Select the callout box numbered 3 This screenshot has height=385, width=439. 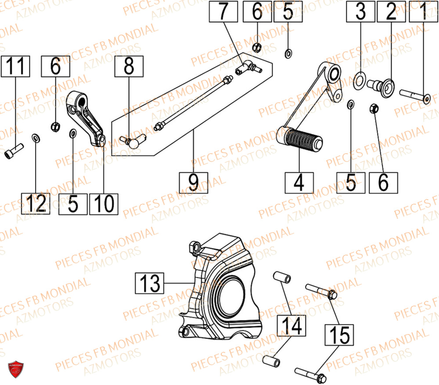click(x=360, y=12)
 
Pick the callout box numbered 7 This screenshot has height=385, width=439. click(x=223, y=12)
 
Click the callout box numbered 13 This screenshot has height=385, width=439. click(x=149, y=283)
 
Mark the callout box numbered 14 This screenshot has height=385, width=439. click(x=291, y=326)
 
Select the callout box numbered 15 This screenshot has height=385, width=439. click(x=340, y=335)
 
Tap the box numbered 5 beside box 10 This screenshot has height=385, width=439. click(x=73, y=203)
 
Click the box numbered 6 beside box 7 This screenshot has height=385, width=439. click(x=257, y=12)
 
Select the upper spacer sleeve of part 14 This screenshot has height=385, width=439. click(x=281, y=279)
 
